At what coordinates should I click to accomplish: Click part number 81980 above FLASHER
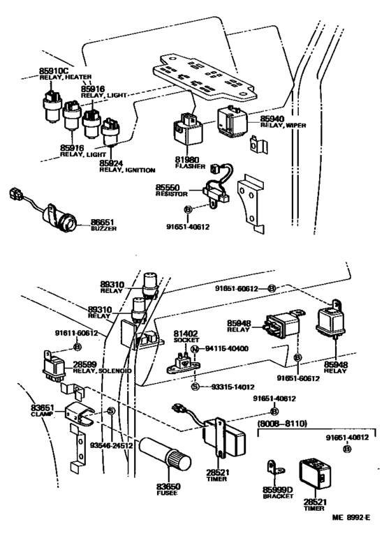pyautogui.click(x=188, y=161)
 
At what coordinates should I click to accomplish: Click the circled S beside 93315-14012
pyautogui.click(x=195, y=386)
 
